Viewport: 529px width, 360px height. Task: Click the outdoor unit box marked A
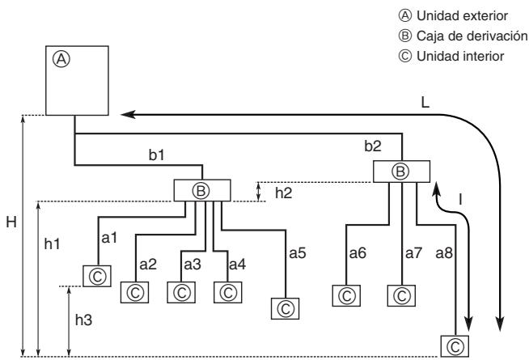pyautogui.click(x=77, y=80)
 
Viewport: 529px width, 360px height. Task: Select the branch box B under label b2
pyautogui.click(x=401, y=172)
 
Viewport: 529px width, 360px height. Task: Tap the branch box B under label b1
pyautogui.click(x=202, y=190)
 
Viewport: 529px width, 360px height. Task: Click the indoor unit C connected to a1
pyautogui.click(x=97, y=276)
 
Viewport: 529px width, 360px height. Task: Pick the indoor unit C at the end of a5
pyautogui.click(x=285, y=308)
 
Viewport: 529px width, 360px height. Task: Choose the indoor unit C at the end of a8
pyautogui.click(x=455, y=346)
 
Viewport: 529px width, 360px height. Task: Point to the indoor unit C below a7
pyautogui.click(x=401, y=295)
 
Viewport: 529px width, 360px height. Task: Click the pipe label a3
pyautogui.click(x=193, y=265)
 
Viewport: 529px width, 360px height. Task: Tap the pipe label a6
pyautogui.click(x=358, y=253)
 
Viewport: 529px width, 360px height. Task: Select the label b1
pyautogui.click(x=157, y=155)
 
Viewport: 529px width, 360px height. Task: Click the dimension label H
pyautogui.click(x=11, y=222)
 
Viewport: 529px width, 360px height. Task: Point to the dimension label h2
pyautogui.click(x=283, y=193)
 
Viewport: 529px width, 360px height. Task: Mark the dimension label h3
pyautogui.click(x=83, y=320)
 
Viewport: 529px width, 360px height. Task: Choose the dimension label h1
pyautogui.click(x=53, y=244)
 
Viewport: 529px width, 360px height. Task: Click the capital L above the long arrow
pyautogui.click(x=425, y=102)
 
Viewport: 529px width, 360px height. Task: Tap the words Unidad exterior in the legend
pyautogui.click(x=462, y=16)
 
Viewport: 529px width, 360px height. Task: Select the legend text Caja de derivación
pyautogui.click(x=472, y=36)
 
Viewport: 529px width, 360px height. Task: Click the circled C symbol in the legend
pyautogui.click(x=405, y=56)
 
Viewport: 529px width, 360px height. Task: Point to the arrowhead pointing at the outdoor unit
pyautogui.click(x=128, y=115)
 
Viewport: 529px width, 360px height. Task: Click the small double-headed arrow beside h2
pyautogui.click(x=258, y=192)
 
